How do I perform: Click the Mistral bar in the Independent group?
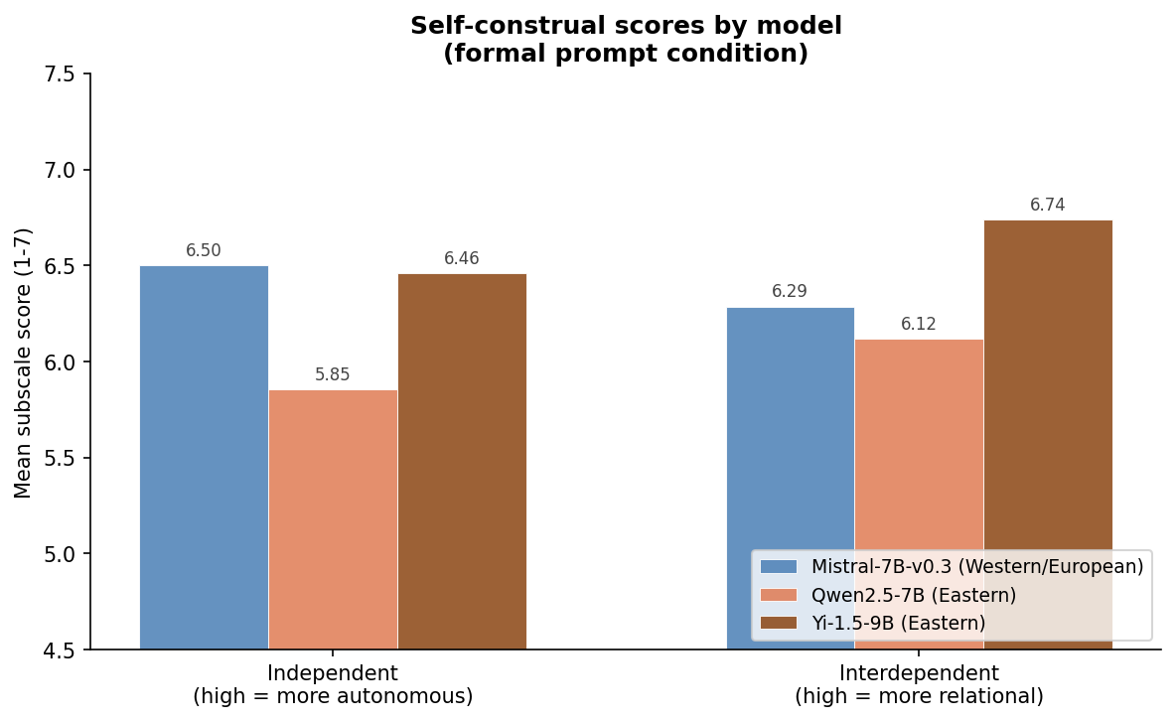(x=204, y=457)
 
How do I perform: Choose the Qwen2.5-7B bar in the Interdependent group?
(x=919, y=447)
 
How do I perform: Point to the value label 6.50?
(x=204, y=251)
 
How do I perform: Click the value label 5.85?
(x=333, y=375)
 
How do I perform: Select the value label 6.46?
(x=462, y=259)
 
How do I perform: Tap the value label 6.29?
(x=790, y=292)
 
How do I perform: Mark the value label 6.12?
(x=919, y=325)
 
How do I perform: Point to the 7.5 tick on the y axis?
(x=60, y=74)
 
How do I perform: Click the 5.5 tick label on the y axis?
(x=60, y=458)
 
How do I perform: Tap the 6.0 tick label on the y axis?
(x=60, y=362)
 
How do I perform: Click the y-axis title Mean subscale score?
(x=24, y=362)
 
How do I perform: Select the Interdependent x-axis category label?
(x=919, y=684)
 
